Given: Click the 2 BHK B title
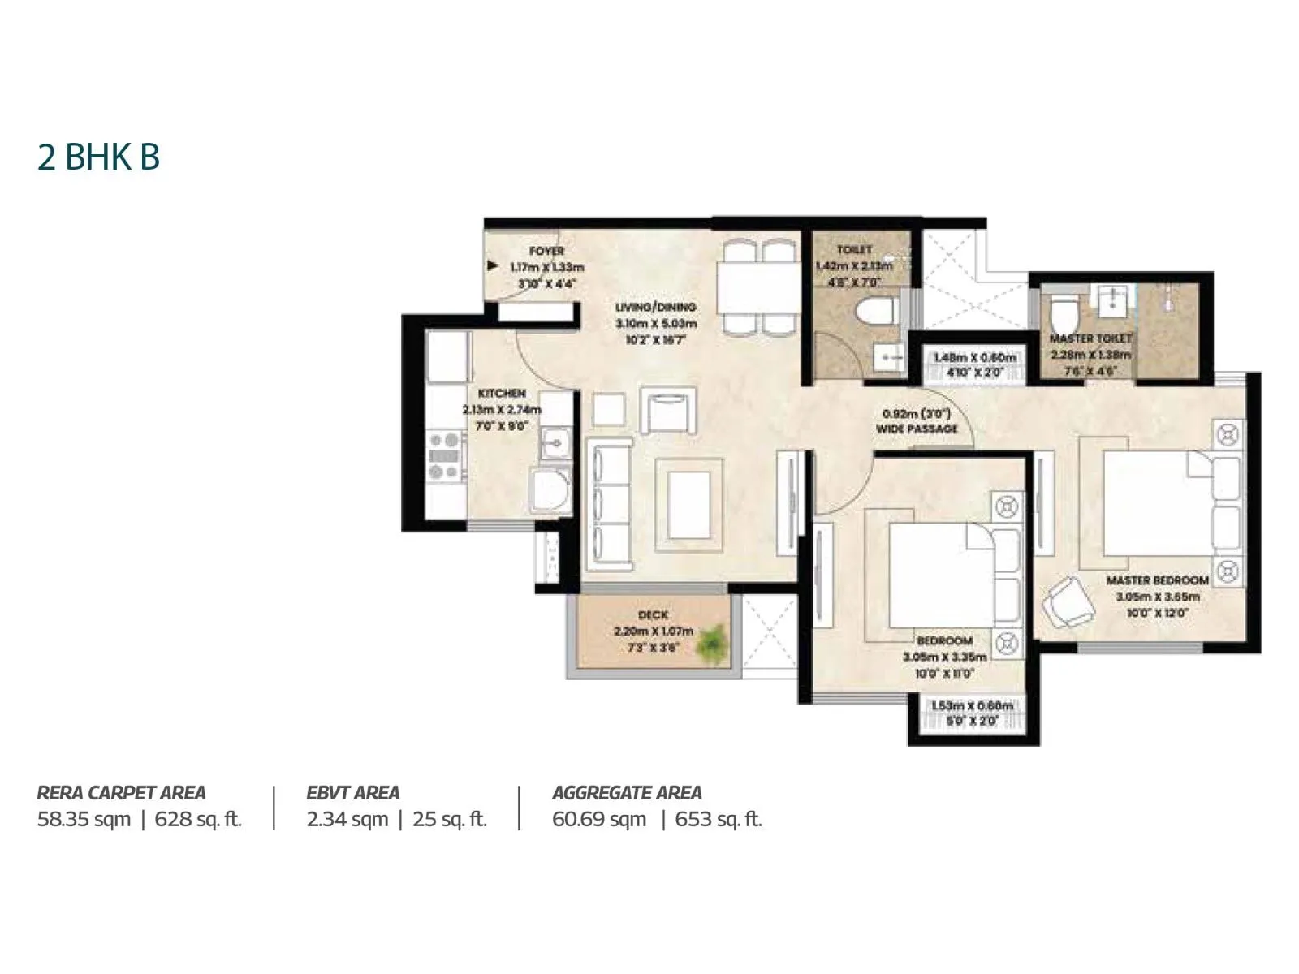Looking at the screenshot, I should coord(98,157).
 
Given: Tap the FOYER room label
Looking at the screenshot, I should coord(546,252).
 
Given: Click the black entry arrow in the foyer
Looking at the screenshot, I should coord(492,265).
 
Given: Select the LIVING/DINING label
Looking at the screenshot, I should coord(655,307).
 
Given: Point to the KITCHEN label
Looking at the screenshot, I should coord(502,393).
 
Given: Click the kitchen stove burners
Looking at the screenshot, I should coord(444,456).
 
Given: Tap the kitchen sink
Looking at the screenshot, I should coord(555,444).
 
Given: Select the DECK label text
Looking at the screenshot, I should coord(653,615).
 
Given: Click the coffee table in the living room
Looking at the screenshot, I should coord(688,505).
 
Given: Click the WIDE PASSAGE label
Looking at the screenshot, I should coord(917,428).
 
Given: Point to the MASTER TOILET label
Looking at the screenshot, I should coord(1090,338).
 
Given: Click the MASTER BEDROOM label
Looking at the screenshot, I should coord(1157,580).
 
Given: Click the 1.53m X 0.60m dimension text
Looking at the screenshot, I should coord(972,705).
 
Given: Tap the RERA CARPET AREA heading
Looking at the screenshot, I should coord(122,792).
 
